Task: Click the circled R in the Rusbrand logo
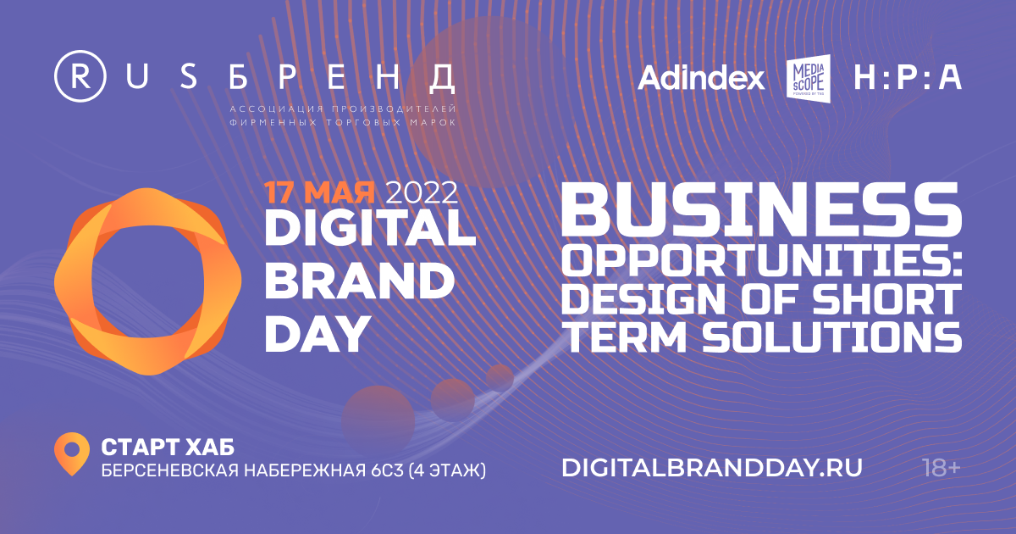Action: pyautogui.click(x=80, y=75)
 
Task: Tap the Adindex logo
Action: pyautogui.click(x=701, y=78)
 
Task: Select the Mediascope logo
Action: pyautogui.click(x=809, y=76)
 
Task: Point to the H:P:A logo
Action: pyautogui.click(x=908, y=78)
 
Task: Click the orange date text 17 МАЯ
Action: pyautogui.click(x=319, y=192)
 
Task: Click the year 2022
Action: pyautogui.click(x=422, y=192)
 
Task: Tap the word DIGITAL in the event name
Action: pyautogui.click(x=370, y=228)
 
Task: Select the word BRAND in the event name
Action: pyautogui.click(x=360, y=281)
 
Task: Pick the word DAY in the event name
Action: pyautogui.click(x=316, y=334)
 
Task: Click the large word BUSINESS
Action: pyautogui.click(x=761, y=210)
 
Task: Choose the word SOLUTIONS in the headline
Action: pyautogui.click(x=831, y=337)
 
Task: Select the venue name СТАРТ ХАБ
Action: pyautogui.click(x=168, y=448)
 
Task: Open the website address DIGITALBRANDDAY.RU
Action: pyautogui.click(x=712, y=468)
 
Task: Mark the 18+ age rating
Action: pyautogui.click(x=941, y=468)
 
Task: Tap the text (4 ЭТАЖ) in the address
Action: pyautogui.click(x=447, y=470)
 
